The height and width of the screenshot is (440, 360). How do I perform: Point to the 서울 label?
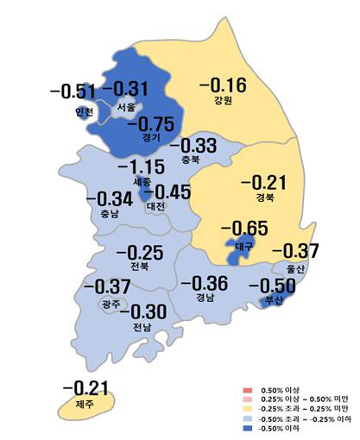tap(126, 108)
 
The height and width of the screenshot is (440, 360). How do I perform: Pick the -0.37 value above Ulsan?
tap(297, 251)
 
